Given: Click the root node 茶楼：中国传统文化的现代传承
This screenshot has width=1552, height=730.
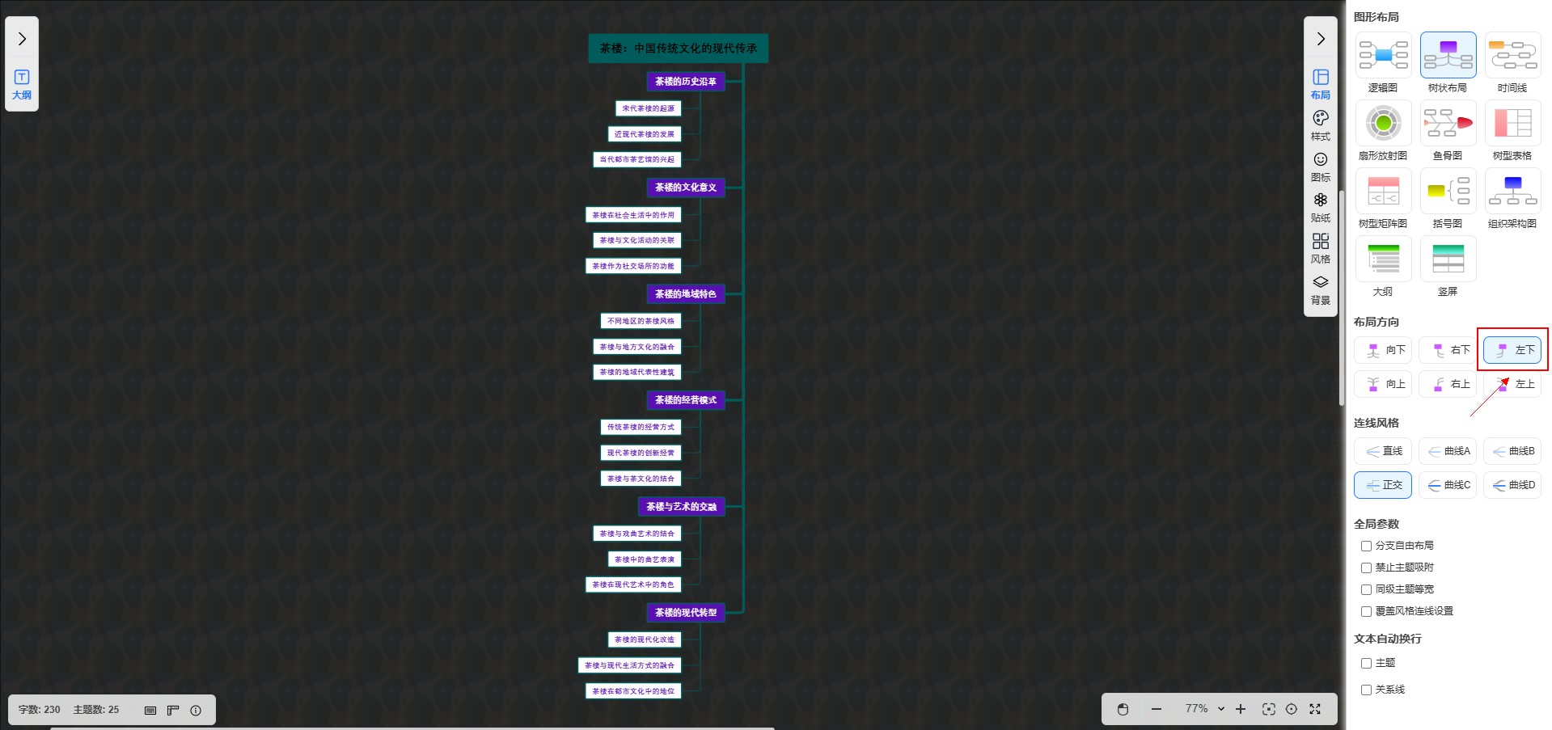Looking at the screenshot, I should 678,49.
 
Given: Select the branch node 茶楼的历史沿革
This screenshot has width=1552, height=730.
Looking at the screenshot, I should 685,82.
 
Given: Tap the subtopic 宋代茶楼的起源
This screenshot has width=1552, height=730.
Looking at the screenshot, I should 648,108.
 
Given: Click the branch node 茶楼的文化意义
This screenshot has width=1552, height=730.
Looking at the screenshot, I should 685,188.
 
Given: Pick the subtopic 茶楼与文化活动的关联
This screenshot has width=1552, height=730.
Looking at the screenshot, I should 636,240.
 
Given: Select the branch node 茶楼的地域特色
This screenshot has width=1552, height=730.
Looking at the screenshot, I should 685,294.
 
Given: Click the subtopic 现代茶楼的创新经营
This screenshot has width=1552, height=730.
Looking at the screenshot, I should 641,453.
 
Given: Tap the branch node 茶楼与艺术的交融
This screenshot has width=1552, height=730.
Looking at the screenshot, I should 681,507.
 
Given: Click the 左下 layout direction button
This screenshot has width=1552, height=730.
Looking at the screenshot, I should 1512,350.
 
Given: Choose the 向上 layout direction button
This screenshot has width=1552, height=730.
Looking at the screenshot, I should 1383,384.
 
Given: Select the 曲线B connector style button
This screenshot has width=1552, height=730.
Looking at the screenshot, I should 1512,451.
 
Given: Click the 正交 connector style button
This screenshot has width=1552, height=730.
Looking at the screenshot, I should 1383,485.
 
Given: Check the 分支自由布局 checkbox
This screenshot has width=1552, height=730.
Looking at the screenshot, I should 1366,546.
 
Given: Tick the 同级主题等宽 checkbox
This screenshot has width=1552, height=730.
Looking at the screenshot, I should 1366,590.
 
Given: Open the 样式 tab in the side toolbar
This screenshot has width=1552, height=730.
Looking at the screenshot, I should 1320,125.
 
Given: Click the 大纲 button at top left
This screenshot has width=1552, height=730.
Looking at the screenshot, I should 22,84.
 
